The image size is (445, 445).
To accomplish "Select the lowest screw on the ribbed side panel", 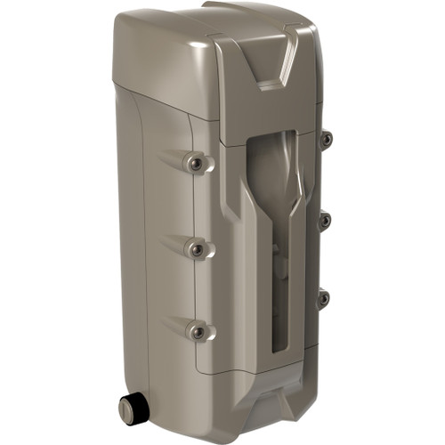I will pos(198,332).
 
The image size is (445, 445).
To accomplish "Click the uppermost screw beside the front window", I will pos(326,138).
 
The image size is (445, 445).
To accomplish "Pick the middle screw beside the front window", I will pos(326,219).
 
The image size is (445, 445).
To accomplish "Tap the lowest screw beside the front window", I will pos(325,298).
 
